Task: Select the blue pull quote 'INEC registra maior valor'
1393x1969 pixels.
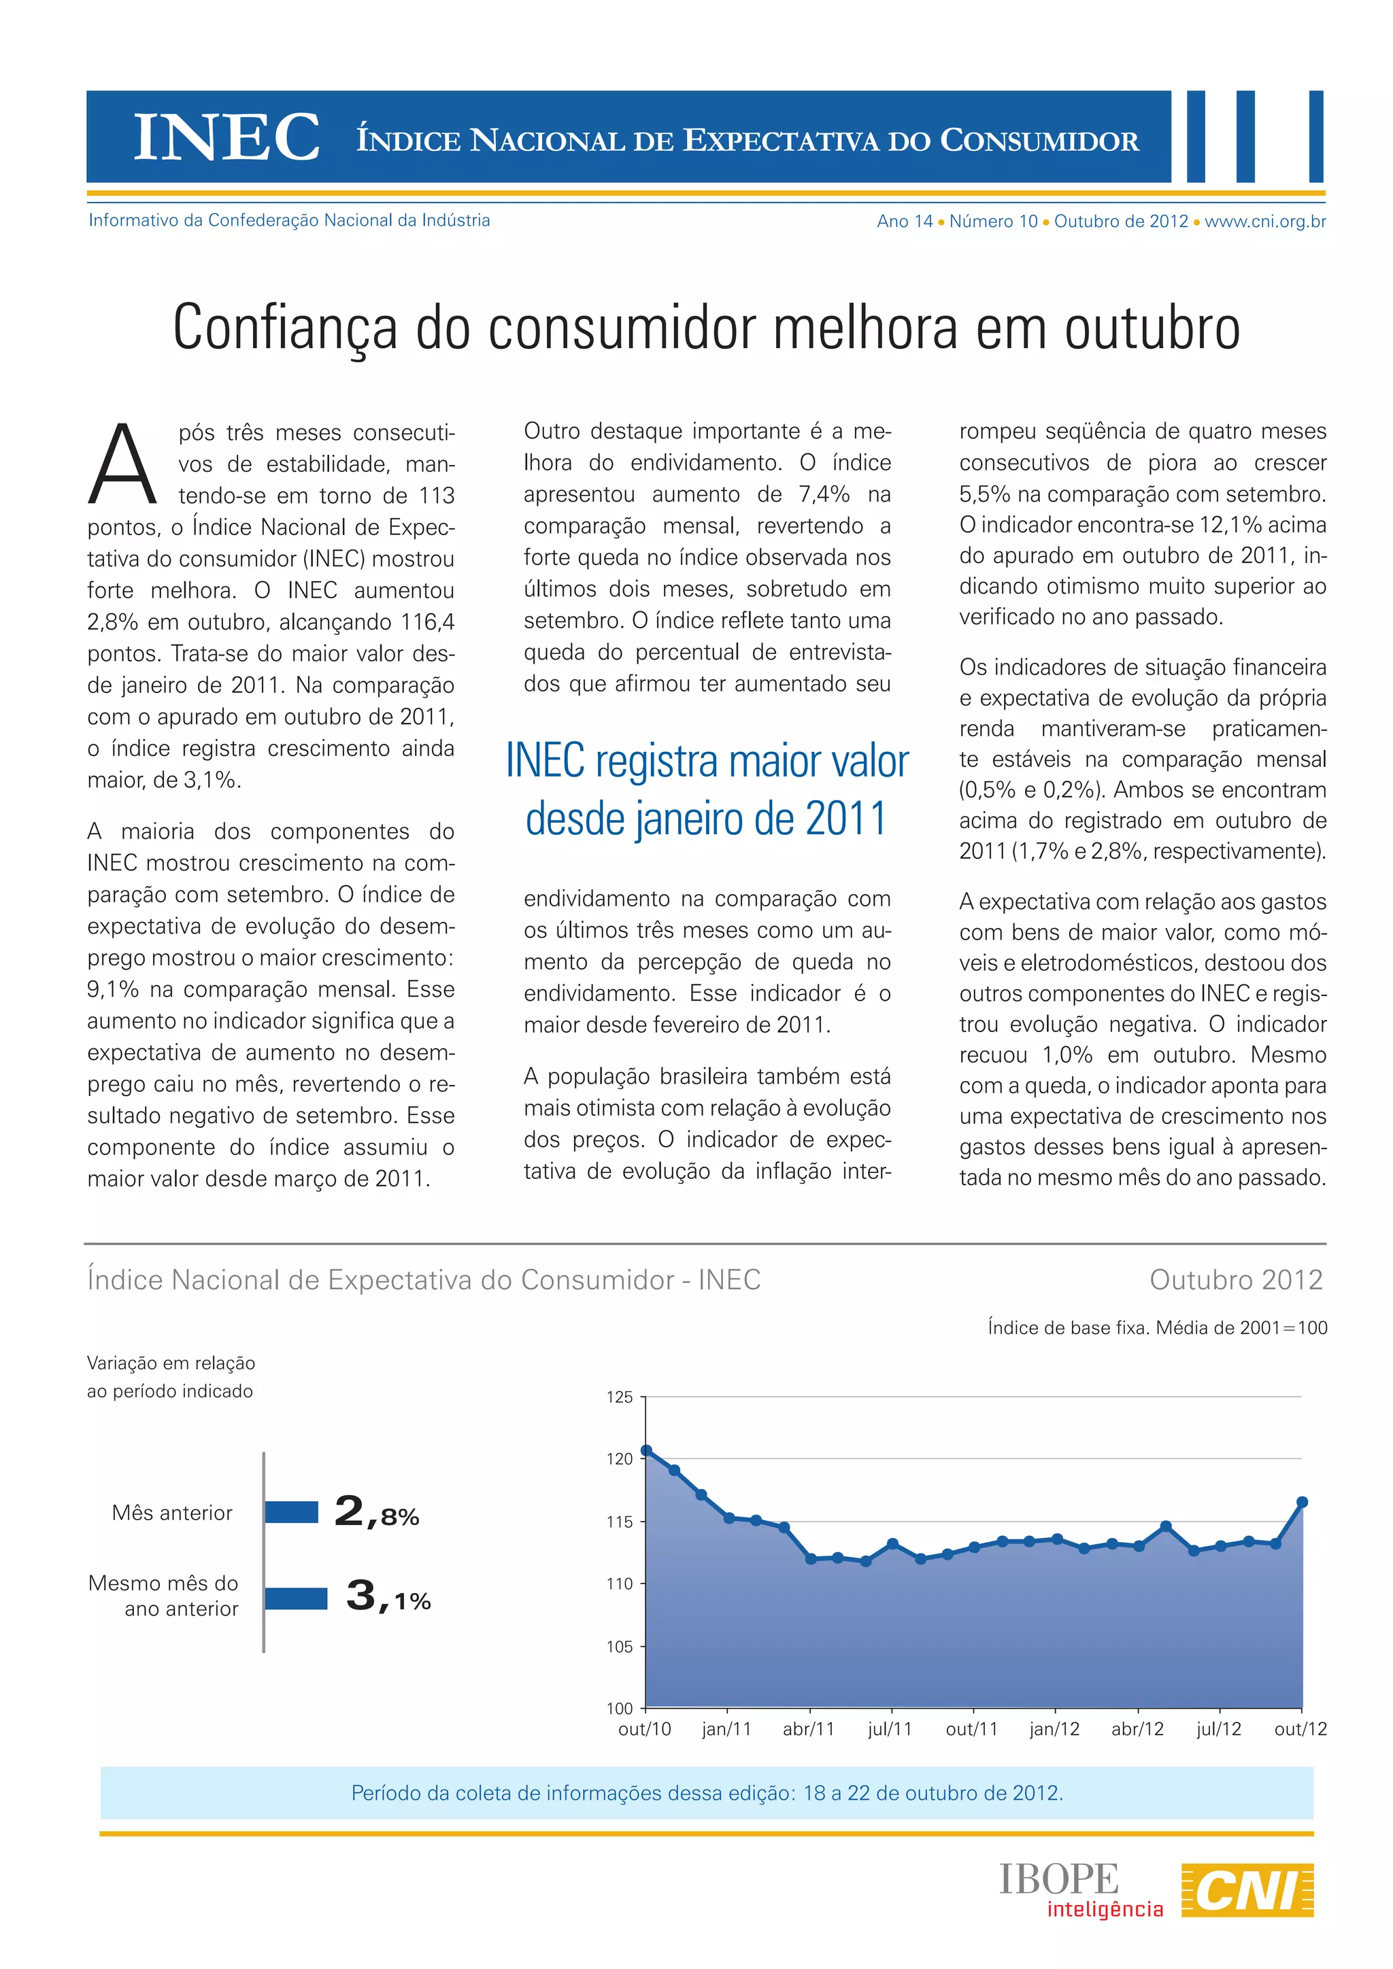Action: (x=707, y=761)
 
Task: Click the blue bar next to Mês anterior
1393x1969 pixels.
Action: (x=292, y=1512)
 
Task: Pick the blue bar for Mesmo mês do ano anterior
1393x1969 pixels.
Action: (x=296, y=1598)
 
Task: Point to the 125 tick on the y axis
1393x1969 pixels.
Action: (x=620, y=1397)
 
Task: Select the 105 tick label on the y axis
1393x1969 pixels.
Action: (x=620, y=1647)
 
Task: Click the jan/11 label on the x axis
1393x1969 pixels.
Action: (x=726, y=1729)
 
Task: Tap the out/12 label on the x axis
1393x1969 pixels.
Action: (x=1300, y=1729)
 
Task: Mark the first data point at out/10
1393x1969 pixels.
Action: (x=647, y=1451)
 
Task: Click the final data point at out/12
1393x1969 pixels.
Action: (x=1302, y=1502)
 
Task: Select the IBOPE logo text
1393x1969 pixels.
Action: (x=1059, y=1880)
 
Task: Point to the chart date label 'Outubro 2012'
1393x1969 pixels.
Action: (x=1236, y=1280)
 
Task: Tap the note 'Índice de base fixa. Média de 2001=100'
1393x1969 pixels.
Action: (x=1157, y=1328)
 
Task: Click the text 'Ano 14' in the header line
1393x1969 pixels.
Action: (x=904, y=221)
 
